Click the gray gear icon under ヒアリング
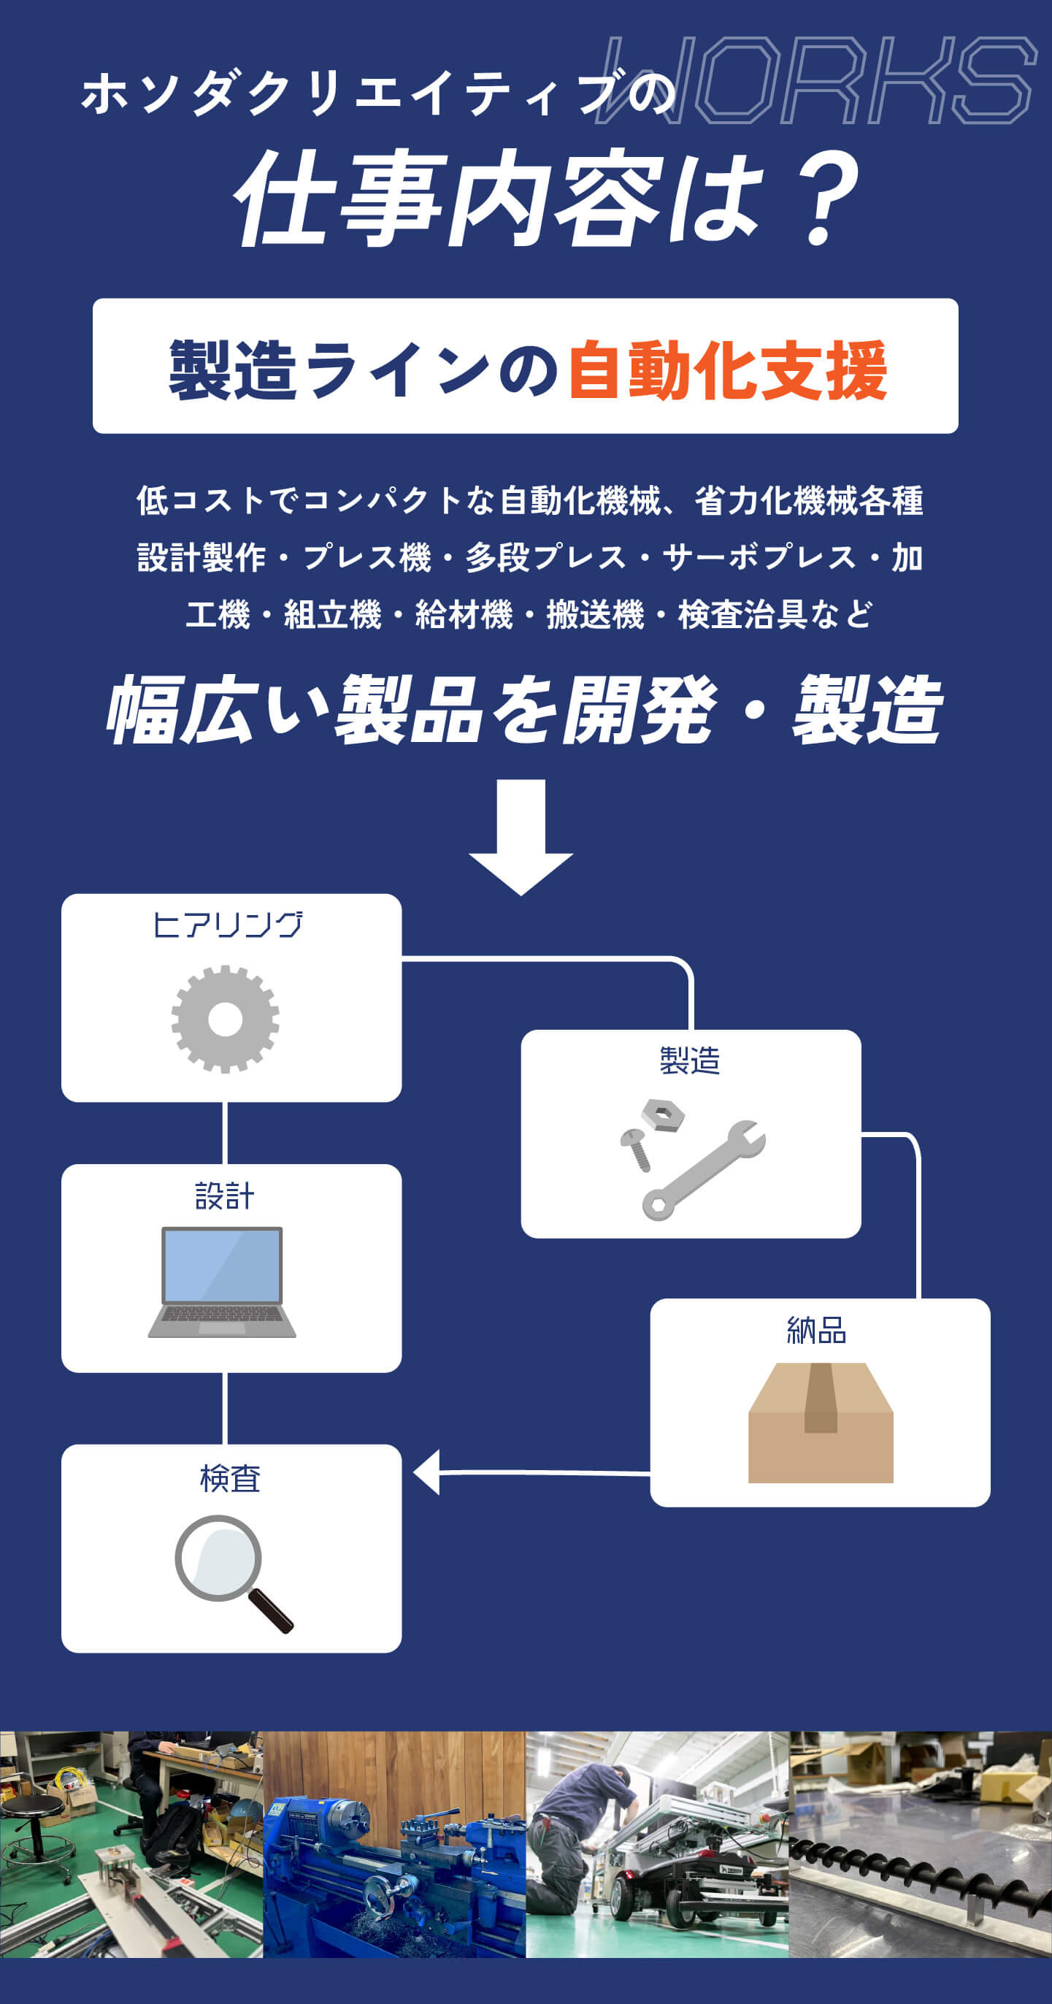[225, 1019]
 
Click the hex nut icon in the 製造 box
[662, 1114]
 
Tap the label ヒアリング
[227, 925]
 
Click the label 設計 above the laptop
[224, 1196]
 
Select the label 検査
[230, 1478]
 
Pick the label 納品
[816, 1331]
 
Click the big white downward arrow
[521, 836]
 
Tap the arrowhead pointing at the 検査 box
[427, 1472]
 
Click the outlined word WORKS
[816, 80]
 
